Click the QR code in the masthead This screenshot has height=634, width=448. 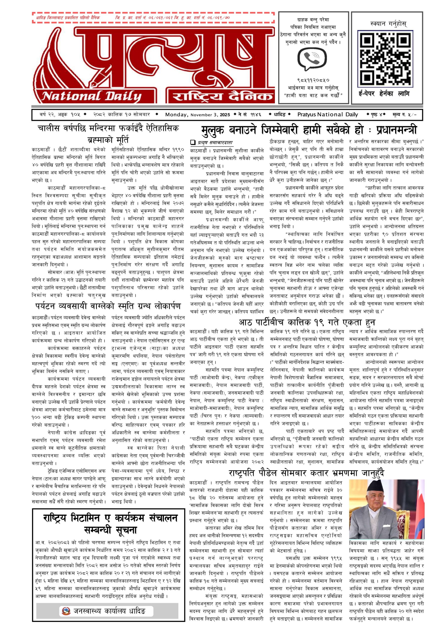(x=385, y=58)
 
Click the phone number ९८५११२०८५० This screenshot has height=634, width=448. (x=313, y=80)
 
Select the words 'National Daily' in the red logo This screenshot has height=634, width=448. (x=92, y=96)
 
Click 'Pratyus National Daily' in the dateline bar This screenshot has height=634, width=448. (x=328, y=114)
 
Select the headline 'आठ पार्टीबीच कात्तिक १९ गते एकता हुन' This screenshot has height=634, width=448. (x=307, y=322)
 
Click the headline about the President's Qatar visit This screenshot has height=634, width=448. (x=307, y=473)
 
